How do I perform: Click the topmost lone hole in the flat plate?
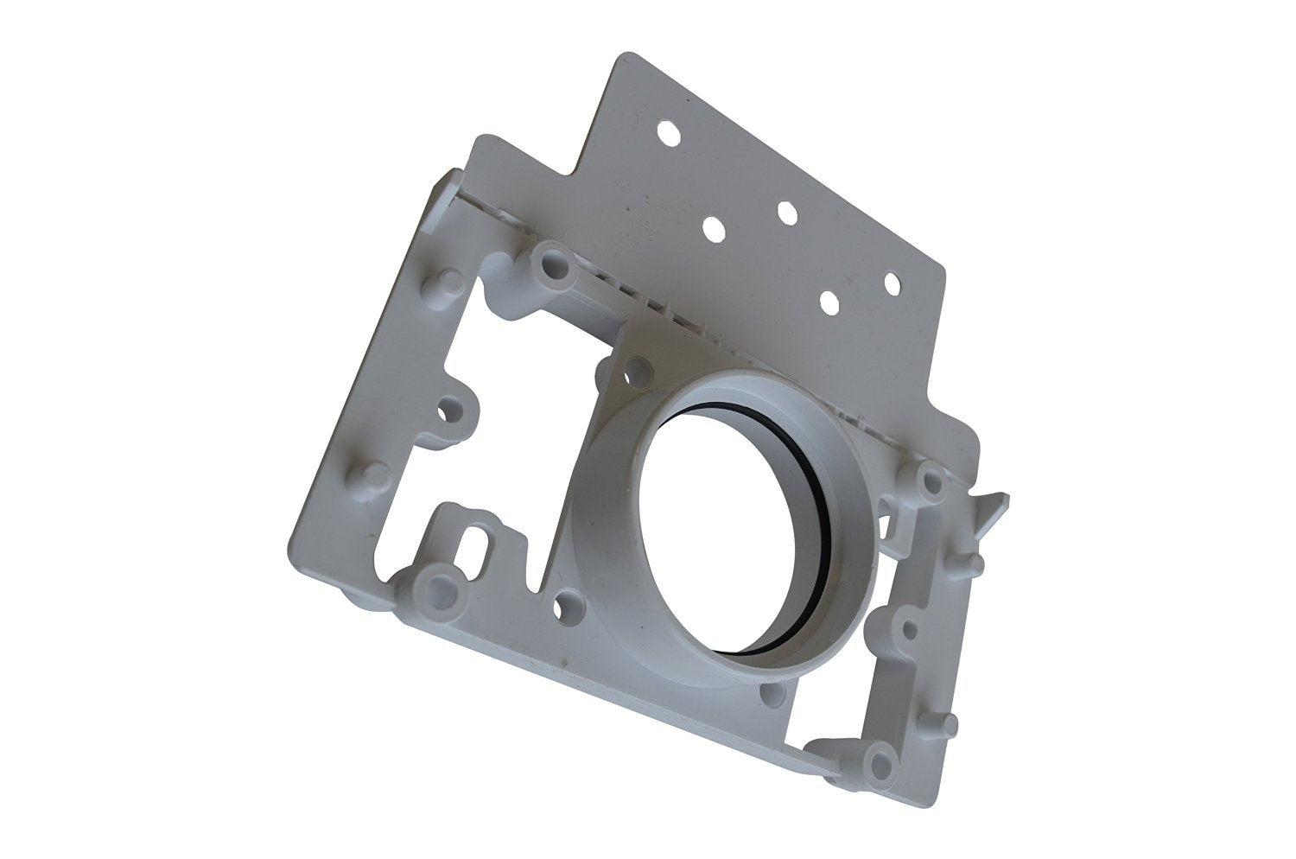point(668,133)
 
